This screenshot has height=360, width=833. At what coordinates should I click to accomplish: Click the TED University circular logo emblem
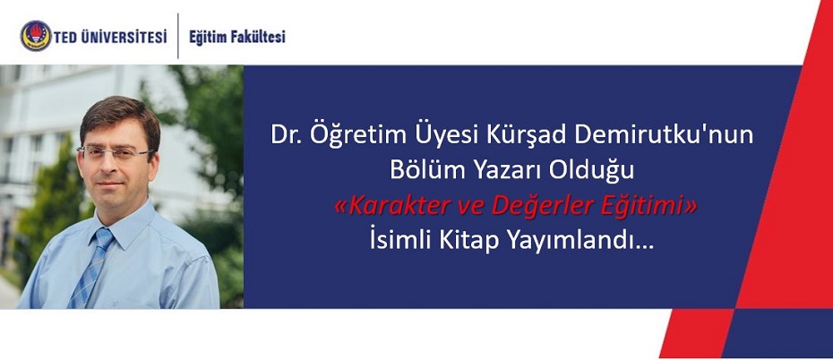click(x=36, y=36)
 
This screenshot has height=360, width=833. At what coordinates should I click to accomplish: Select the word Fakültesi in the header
click(x=259, y=37)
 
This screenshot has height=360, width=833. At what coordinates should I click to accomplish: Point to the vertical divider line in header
click(x=178, y=36)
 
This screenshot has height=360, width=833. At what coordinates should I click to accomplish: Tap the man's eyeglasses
click(x=115, y=153)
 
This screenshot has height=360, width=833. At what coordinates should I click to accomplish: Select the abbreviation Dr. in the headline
click(x=284, y=136)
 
